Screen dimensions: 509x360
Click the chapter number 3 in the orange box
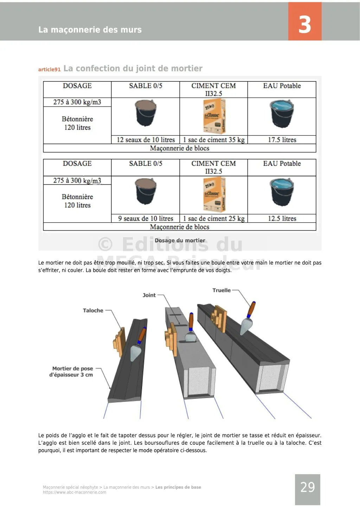click(x=304, y=24)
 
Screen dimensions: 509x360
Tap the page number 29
click(x=308, y=487)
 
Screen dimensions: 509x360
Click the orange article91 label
click(x=49, y=70)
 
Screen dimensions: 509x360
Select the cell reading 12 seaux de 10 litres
click(x=146, y=140)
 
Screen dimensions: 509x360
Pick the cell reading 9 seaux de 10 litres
click(x=146, y=218)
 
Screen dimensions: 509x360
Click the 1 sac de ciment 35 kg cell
click(x=214, y=140)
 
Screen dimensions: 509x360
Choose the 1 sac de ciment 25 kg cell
click(x=214, y=218)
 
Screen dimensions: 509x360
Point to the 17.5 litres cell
click(x=282, y=140)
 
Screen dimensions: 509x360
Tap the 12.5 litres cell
click(x=282, y=218)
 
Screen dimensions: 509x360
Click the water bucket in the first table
click(x=282, y=113)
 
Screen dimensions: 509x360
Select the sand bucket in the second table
click(x=146, y=191)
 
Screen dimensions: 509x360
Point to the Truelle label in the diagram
click(x=221, y=290)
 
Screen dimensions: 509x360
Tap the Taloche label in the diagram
click(x=93, y=311)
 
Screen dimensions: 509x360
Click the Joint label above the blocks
click(x=149, y=295)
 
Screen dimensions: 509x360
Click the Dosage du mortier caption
click(x=180, y=241)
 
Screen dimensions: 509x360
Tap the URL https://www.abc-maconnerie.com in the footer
click(x=75, y=492)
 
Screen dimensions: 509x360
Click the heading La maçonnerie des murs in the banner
click(x=90, y=30)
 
